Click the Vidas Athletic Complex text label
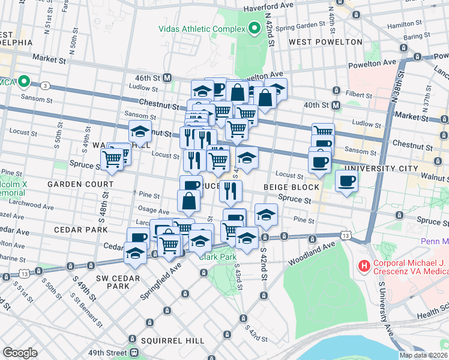[201, 28]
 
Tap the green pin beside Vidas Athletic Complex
[255, 28]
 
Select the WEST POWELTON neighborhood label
[325, 42]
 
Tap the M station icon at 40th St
[336, 105]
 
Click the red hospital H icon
[363, 265]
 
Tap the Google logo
[20, 352]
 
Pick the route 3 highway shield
[46, 86]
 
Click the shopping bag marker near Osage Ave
[188, 201]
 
